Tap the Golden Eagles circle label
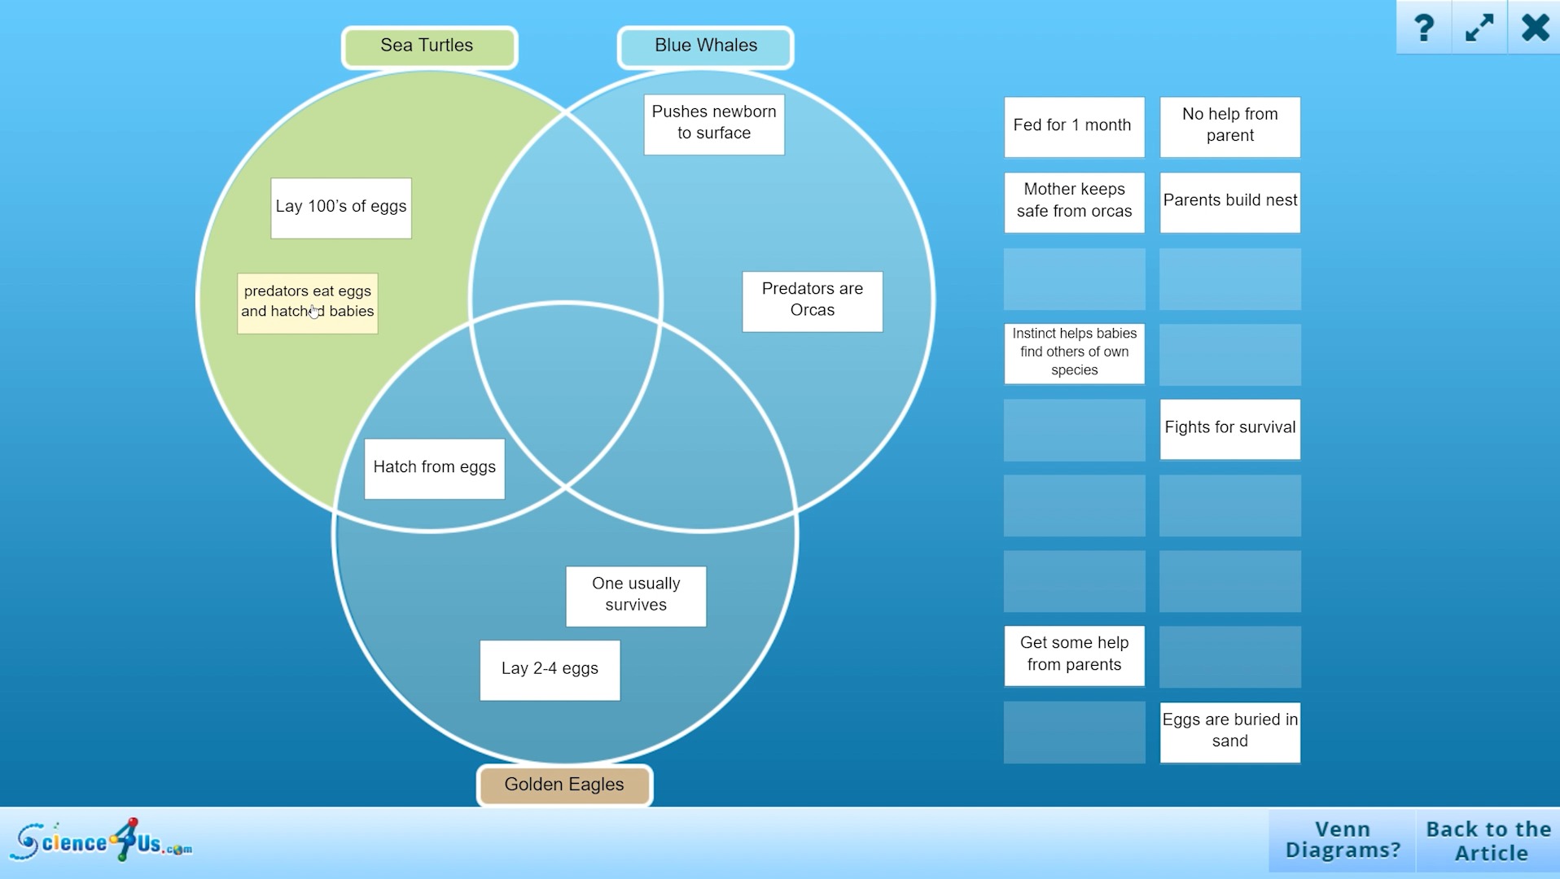564,785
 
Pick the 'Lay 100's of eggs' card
340,208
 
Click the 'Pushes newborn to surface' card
714,124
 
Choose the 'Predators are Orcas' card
812,300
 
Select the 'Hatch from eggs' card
434,468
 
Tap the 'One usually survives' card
636,596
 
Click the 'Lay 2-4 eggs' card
550,670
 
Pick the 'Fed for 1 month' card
1073,126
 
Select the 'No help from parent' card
1229,126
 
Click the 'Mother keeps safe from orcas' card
1073,201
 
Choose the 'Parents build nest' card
1229,201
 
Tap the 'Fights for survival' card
1229,428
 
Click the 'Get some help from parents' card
1073,655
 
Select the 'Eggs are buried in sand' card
1229,731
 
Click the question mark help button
1423,28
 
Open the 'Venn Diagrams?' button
1343,841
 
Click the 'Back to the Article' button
1488,841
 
